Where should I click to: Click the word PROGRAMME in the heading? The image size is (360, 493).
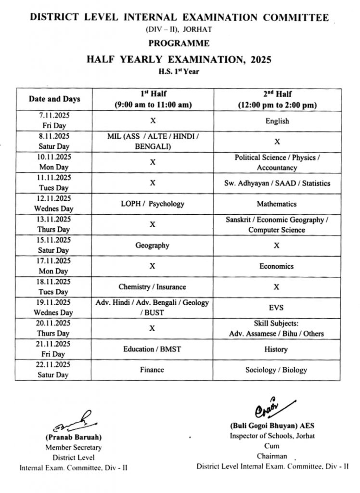[179, 43]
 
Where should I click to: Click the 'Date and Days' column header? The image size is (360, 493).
[54, 99]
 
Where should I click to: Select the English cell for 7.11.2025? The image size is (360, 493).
[277, 121]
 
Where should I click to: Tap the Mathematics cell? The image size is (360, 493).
[277, 204]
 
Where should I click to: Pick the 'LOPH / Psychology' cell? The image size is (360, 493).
[153, 204]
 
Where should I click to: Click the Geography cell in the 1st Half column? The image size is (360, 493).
[153, 246]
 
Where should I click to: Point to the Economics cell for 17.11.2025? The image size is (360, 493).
[277, 266]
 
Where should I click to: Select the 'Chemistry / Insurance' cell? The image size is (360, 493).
[153, 287]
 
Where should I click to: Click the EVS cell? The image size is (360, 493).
[277, 308]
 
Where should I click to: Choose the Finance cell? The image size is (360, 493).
[152, 370]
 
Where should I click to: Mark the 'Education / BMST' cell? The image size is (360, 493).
[153, 349]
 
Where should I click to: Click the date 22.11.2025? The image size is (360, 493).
[53, 365]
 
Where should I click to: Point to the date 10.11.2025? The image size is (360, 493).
[53, 157]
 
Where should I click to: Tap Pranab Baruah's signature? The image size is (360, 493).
[73, 422]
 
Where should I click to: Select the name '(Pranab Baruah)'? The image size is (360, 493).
[74, 438]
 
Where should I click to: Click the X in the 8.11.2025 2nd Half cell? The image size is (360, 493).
[277, 142]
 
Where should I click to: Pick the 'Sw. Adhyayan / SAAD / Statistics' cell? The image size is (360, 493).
[277, 183]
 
